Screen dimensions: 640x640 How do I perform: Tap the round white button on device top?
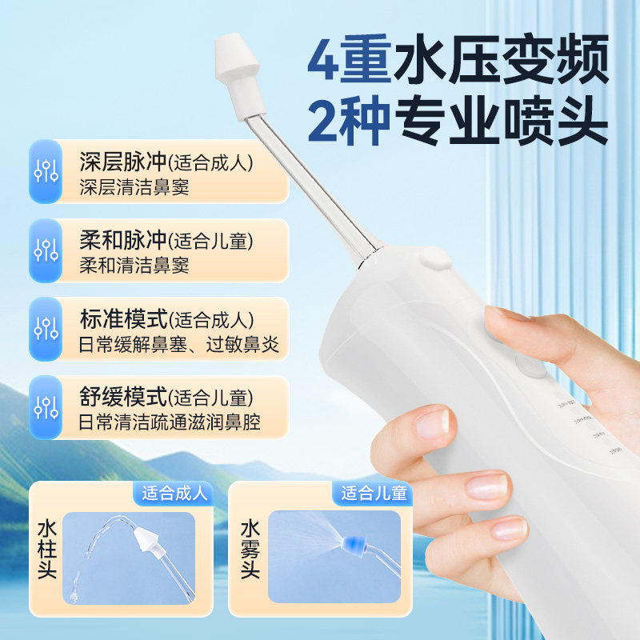coord(434,258)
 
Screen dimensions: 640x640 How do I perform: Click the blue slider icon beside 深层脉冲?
coord(46,171)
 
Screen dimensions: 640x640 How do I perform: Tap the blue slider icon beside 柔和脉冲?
coord(46,250)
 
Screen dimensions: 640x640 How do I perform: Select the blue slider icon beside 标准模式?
coord(46,328)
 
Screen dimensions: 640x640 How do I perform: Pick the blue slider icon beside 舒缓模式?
coord(46,406)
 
